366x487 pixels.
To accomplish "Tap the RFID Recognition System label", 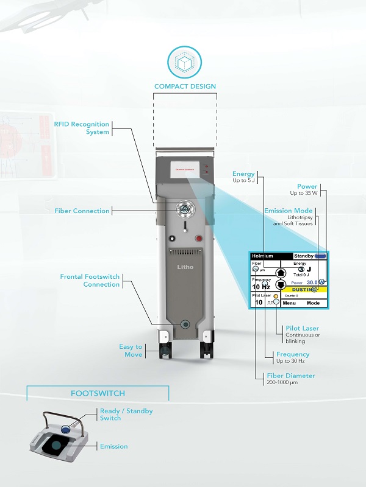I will click(x=81, y=128).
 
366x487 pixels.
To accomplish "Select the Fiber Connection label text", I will click(x=82, y=211).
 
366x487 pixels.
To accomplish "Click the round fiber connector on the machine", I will click(x=184, y=209).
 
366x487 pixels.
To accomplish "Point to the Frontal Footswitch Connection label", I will click(x=90, y=281).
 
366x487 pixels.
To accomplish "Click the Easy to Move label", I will click(x=131, y=351).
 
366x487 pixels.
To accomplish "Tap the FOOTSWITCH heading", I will click(x=98, y=393).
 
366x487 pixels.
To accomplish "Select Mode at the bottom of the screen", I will click(x=313, y=303).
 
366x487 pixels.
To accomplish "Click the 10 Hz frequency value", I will click(x=261, y=287).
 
